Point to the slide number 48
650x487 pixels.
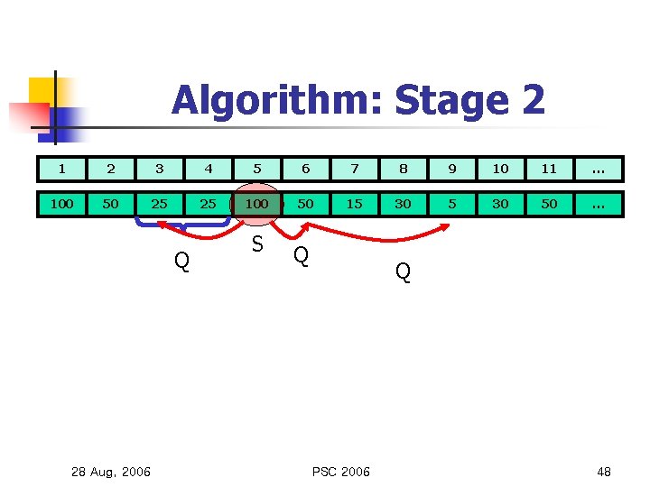[x=604, y=472]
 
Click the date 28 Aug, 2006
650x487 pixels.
[x=111, y=472]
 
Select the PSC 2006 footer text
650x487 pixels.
[x=340, y=472]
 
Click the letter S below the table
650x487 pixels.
[x=257, y=244]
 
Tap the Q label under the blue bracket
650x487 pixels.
[x=181, y=262]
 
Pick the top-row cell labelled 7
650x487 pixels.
[x=355, y=169]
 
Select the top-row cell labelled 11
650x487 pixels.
[x=550, y=169]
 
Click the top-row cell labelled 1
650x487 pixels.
[x=62, y=169]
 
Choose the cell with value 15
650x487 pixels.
[x=355, y=204]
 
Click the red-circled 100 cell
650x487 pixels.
[x=257, y=204]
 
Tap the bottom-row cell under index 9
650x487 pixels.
[x=452, y=204]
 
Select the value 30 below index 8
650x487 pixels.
[x=404, y=204]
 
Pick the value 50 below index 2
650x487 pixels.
[x=111, y=204]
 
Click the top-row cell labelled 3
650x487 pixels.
[x=160, y=169]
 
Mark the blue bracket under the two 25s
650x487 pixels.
[x=184, y=222]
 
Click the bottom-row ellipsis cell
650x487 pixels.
[x=598, y=204]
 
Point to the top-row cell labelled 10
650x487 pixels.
[x=501, y=169]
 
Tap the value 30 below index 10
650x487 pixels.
[x=501, y=204]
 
